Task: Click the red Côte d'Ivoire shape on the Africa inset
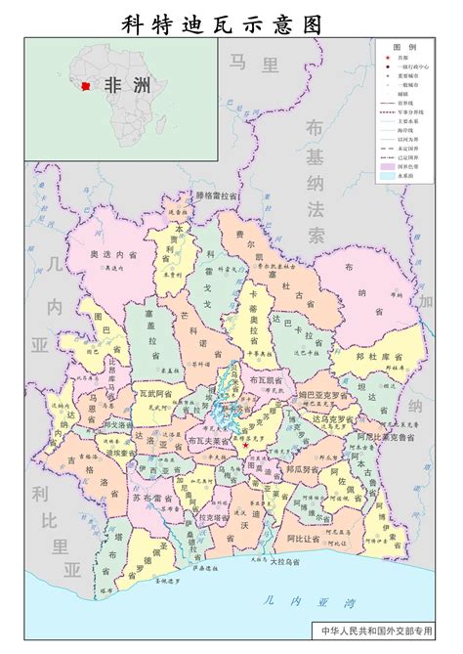pos(90,87)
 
